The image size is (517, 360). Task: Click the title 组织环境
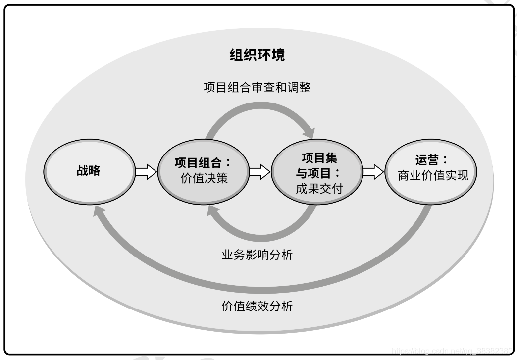tap(257, 54)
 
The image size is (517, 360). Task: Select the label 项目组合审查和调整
tap(257, 87)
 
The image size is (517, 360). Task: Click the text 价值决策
tap(204, 178)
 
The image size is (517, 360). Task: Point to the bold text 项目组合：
tap(203, 162)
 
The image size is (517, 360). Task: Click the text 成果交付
tap(319, 189)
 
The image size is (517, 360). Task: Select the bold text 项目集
tap(319, 158)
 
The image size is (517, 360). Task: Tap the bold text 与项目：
tap(319, 173)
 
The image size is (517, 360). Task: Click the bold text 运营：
tap(431, 160)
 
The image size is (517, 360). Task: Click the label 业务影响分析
tap(257, 255)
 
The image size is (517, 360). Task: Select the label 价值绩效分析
tap(257, 306)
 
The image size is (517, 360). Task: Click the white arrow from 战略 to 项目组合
tap(146, 172)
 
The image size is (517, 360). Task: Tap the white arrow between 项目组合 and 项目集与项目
tap(259, 172)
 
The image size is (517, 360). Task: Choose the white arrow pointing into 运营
tap(373, 172)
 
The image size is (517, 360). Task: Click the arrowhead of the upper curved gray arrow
tap(309, 133)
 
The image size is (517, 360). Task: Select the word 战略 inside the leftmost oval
tap(89, 171)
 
